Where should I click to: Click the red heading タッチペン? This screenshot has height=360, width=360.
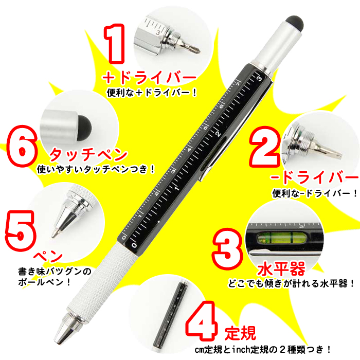coord(88,154)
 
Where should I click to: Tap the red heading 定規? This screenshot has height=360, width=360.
coord(240,333)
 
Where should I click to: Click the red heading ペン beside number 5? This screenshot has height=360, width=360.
coord(47,256)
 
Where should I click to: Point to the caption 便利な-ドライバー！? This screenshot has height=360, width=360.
coord(315,194)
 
